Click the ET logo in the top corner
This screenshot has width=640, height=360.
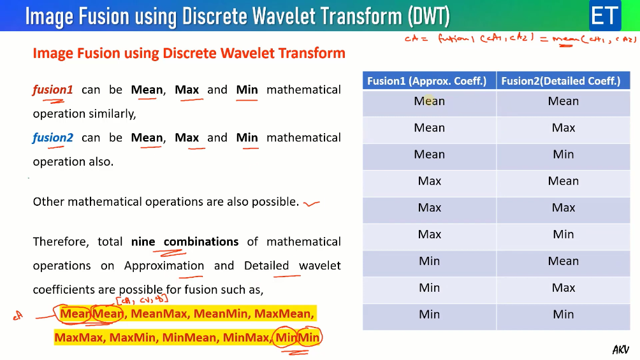point(604,15)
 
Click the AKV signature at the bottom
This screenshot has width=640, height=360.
point(620,349)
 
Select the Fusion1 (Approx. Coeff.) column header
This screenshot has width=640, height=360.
point(427,81)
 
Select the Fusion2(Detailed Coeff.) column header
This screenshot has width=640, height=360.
point(561,81)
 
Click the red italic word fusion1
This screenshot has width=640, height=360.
point(52,90)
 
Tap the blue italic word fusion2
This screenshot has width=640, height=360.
point(53,138)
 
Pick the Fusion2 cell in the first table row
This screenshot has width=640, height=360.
point(564,101)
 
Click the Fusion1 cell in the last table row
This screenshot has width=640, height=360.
point(429,314)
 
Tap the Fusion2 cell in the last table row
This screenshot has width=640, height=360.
point(564,314)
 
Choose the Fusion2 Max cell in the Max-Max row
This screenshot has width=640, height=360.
point(564,208)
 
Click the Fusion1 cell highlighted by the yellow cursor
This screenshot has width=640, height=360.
point(429,101)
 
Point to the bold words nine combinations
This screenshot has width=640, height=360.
point(185,242)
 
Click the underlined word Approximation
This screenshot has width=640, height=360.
point(164,266)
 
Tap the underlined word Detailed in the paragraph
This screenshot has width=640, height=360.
point(266,266)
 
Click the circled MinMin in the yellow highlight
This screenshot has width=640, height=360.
point(297,337)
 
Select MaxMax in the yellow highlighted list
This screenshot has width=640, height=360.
point(79,337)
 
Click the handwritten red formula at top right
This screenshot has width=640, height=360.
point(520,40)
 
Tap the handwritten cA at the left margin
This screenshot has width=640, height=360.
point(18,314)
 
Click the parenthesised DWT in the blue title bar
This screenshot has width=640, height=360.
point(428,16)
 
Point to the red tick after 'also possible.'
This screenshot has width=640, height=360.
point(312,203)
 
